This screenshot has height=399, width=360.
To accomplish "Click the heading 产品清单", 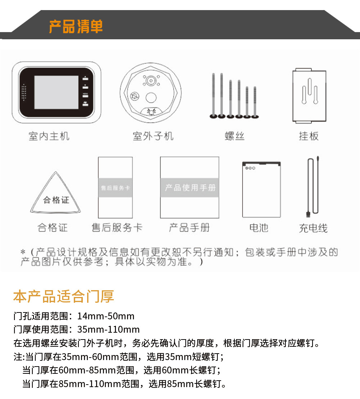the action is (x=76, y=26).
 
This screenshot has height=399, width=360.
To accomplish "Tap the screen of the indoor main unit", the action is (x=57, y=92).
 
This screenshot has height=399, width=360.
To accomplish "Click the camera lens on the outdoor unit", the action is (x=151, y=81).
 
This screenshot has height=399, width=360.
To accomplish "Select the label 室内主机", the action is (x=49, y=136).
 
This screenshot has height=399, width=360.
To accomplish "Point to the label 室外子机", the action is (x=153, y=136).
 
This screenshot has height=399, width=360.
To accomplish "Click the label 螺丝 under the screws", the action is (x=235, y=136).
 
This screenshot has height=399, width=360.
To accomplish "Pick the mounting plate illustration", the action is (x=309, y=96).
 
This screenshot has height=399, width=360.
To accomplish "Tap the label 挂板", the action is (x=309, y=136).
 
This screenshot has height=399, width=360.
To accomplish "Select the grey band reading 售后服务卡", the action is (x=116, y=188).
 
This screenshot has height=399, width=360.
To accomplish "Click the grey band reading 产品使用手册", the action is (x=190, y=188).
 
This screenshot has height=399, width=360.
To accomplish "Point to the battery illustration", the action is (x=261, y=189).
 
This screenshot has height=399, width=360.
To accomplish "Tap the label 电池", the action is (x=259, y=228).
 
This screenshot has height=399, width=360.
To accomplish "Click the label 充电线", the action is (x=313, y=228).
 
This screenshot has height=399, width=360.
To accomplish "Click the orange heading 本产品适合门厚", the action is (x=64, y=296).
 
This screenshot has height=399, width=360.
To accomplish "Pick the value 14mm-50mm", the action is (x=106, y=316).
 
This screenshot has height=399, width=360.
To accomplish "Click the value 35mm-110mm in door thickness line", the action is (x=108, y=329).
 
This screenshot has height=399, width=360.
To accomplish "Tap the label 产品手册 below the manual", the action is (x=189, y=228).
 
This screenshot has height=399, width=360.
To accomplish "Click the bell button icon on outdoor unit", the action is (x=151, y=112).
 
